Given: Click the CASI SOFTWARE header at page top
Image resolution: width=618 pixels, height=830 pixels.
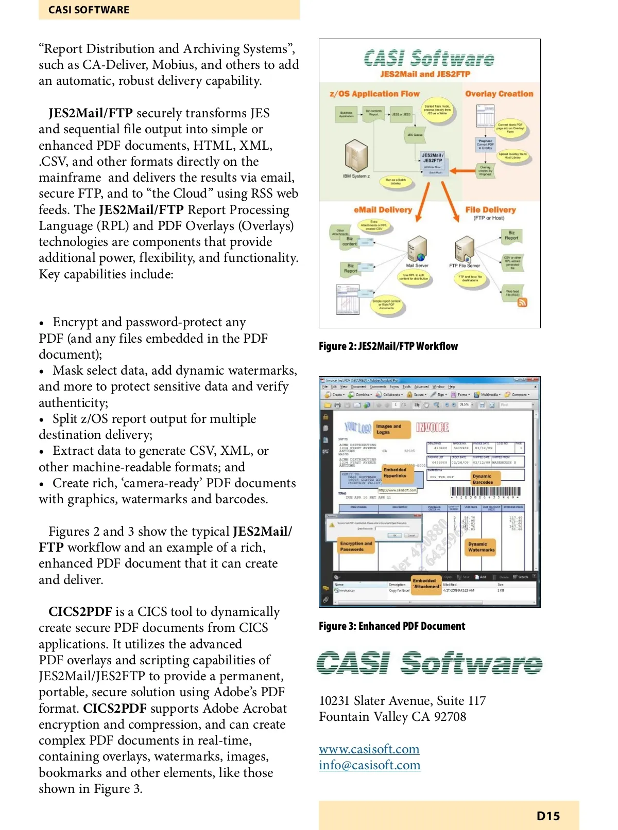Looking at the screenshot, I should point(89,10).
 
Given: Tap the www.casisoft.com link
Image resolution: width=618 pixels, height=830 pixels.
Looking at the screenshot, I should point(369,749).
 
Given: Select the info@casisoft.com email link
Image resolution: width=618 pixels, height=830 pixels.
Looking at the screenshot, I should point(369,765).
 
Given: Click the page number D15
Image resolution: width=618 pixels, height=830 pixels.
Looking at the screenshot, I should point(548,816).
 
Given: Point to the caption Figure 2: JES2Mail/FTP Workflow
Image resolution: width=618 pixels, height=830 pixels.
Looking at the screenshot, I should point(388,346).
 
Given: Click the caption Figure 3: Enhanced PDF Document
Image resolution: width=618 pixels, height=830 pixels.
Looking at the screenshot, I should point(391,626).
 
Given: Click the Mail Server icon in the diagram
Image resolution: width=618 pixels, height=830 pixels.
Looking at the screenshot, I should point(417,250).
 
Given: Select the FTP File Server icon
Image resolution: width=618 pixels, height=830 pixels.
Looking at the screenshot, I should point(465,249).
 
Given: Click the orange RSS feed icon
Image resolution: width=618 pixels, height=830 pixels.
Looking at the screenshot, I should point(522,302).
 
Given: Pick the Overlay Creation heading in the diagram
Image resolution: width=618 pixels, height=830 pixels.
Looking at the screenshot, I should point(499,94).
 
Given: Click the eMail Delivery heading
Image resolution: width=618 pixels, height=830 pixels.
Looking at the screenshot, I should point(383,209).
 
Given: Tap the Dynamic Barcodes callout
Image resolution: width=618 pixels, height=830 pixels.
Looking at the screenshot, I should point(483,479).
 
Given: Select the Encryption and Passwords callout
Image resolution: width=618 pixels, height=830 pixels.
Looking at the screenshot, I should point(355,546).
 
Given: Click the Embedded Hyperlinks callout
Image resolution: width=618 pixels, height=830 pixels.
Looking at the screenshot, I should point(395,472).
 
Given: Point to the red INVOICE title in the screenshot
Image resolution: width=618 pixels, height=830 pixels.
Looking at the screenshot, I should point(432,427).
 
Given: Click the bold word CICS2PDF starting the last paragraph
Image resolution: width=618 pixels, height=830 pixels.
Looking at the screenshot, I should point(80,611).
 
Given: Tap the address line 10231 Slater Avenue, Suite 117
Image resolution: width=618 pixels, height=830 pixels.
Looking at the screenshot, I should point(402,700).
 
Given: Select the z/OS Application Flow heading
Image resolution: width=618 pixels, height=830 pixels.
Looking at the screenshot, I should point(374,94).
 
